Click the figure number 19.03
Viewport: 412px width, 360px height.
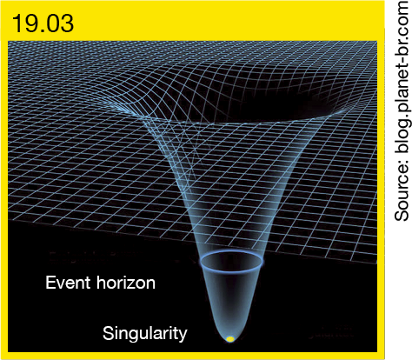coord(43,23)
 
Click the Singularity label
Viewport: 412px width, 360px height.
coord(144,334)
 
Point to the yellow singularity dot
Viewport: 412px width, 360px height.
coord(230,339)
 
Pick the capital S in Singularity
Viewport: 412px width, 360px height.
coord(108,333)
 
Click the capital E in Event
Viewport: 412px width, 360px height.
coord(50,283)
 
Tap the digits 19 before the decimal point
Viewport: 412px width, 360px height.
coord(24,23)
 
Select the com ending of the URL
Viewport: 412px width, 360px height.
coord(402,17)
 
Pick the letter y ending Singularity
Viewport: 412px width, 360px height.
coord(183,337)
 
